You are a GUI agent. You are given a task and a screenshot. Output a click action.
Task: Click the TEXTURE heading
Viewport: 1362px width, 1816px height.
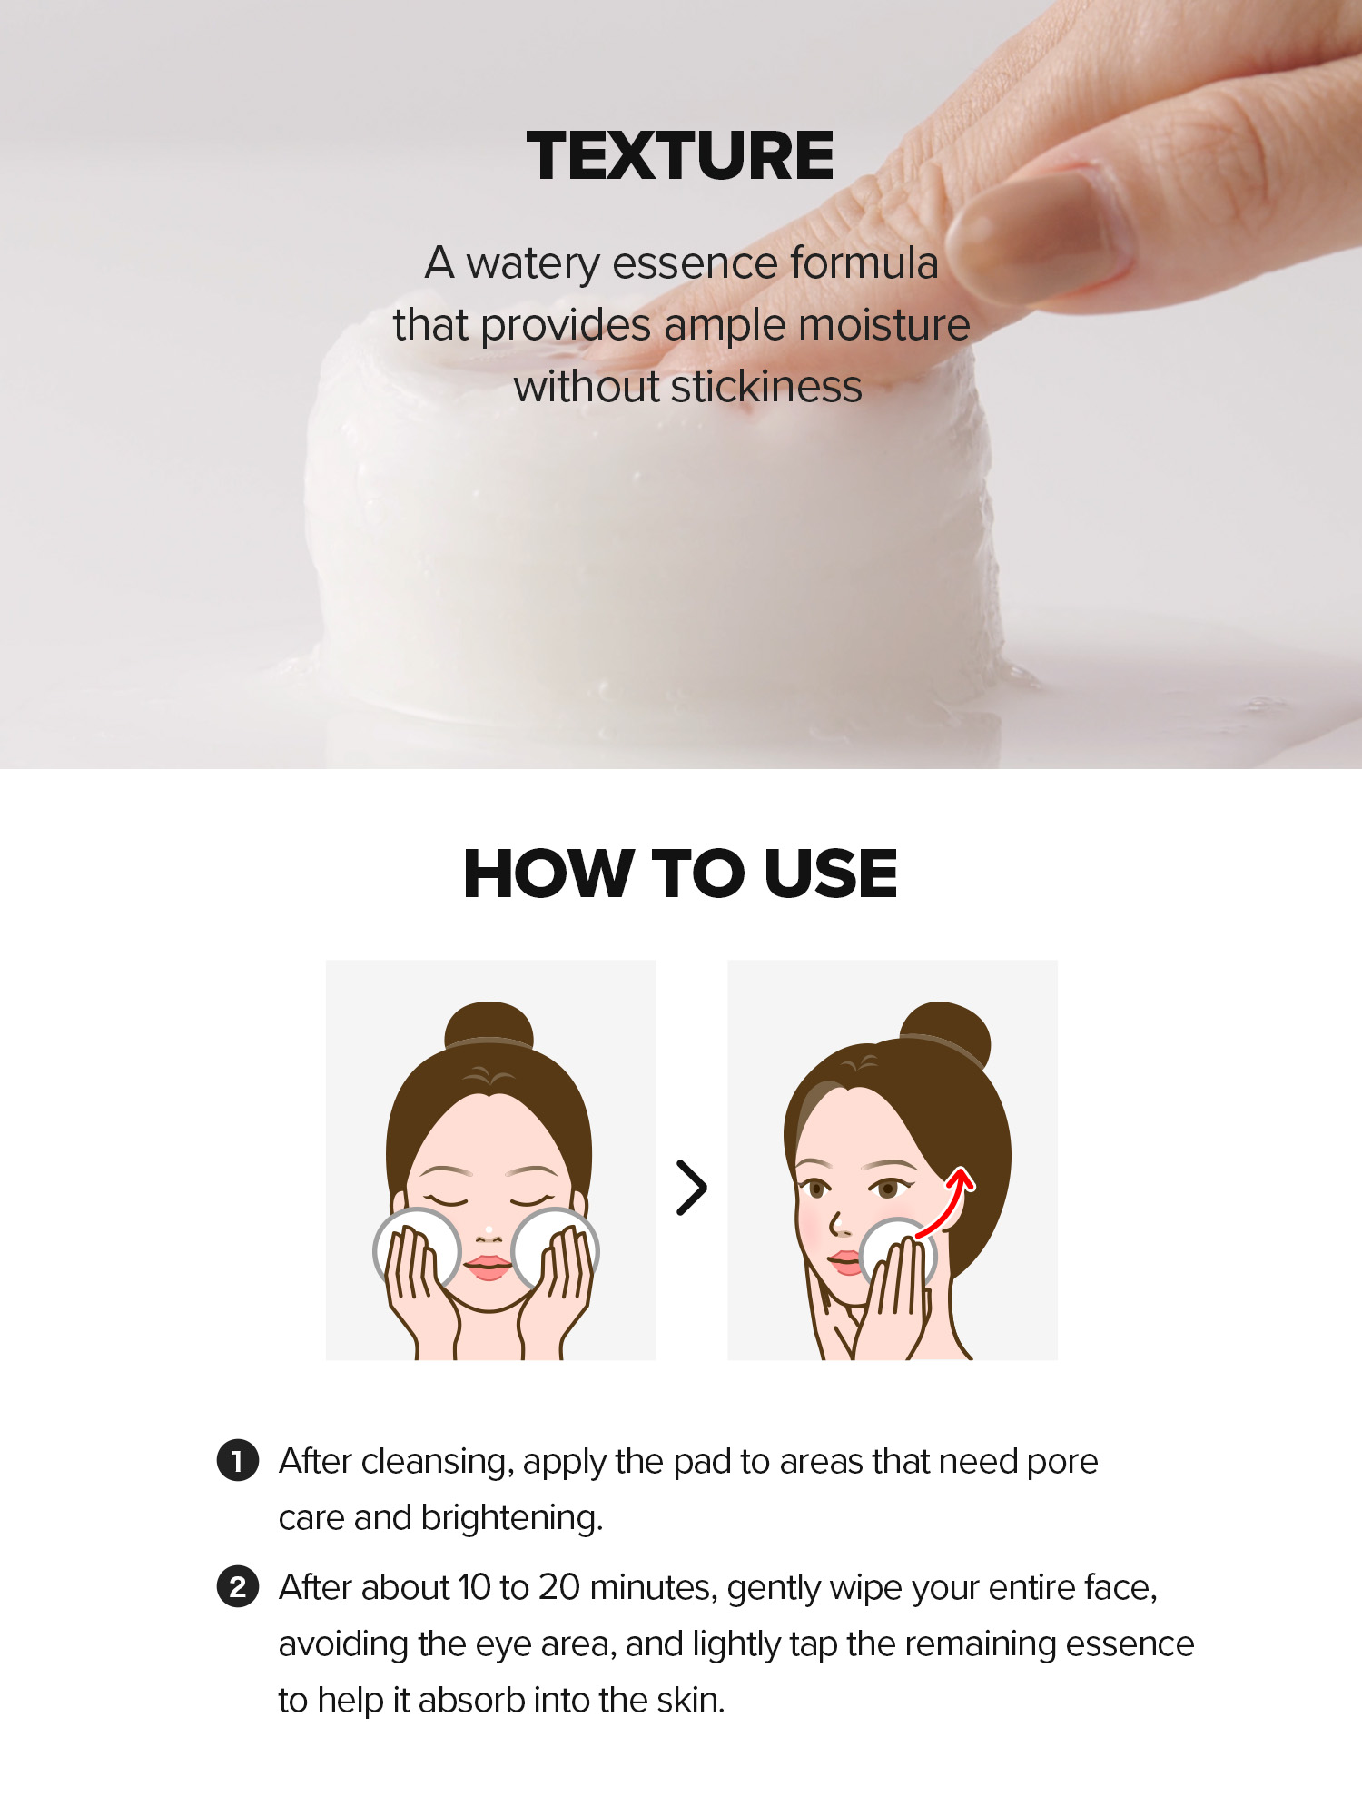click(679, 155)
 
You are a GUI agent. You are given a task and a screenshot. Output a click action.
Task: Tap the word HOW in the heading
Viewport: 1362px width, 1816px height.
click(548, 873)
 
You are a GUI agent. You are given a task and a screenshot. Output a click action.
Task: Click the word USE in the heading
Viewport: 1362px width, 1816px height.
click(830, 873)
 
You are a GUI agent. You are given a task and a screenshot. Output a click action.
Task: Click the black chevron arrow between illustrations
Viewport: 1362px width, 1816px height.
click(692, 1188)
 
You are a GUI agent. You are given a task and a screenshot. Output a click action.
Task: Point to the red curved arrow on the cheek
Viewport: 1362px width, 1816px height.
click(946, 1203)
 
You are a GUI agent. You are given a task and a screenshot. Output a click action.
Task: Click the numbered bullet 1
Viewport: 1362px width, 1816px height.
click(238, 1460)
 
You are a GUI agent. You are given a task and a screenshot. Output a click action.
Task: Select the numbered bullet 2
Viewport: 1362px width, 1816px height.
click(238, 1586)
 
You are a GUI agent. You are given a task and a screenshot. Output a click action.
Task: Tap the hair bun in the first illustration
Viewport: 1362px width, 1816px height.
click(489, 1026)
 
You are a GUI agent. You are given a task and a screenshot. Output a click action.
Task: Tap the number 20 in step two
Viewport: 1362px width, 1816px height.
click(558, 1587)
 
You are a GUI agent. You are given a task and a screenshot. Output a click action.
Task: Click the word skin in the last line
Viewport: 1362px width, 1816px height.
click(702, 1700)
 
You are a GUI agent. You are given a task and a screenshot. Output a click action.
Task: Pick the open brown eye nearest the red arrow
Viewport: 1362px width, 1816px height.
click(887, 1188)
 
